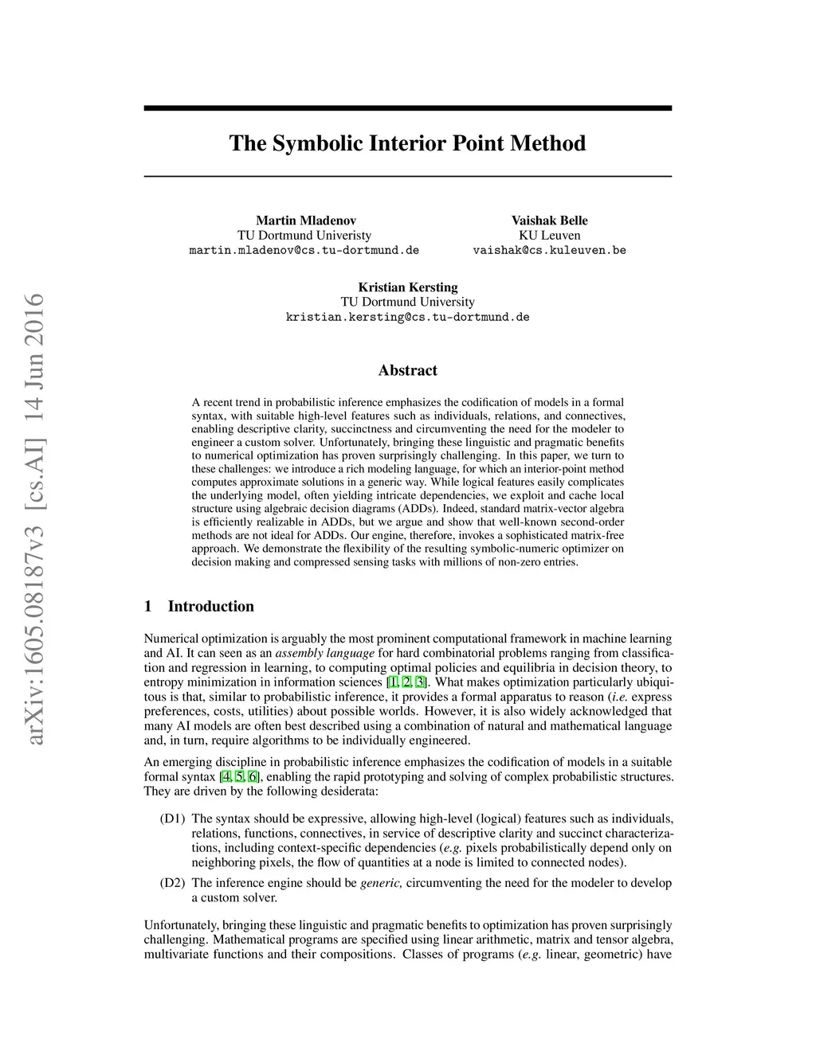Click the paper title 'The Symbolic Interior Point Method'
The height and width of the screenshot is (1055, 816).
(407, 143)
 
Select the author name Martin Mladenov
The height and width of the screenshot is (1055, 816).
(305, 221)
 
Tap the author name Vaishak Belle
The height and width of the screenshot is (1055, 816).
(549, 221)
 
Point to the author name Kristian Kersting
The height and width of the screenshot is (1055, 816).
(407, 287)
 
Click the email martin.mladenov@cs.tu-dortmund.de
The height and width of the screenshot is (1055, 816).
(304, 250)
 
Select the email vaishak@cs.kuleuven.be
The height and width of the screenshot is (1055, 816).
(549, 250)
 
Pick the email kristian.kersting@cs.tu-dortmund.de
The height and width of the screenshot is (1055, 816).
(407, 317)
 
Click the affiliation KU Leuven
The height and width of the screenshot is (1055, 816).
(549, 235)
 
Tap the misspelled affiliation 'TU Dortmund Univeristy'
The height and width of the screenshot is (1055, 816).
(304, 235)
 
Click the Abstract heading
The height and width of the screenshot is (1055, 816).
(407, 370)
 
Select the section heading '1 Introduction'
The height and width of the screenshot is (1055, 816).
(199, 606)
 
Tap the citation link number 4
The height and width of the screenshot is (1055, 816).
(226, 776)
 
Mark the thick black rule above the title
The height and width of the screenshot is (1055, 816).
(407, 108)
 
